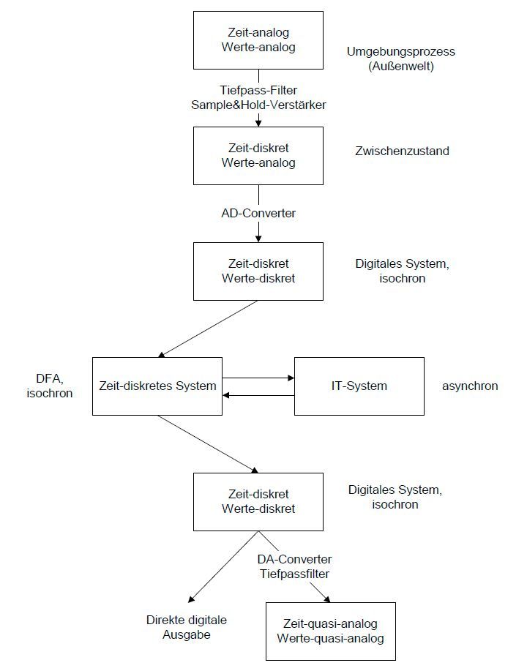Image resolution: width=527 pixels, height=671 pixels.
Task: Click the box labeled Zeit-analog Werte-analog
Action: pos(258,40)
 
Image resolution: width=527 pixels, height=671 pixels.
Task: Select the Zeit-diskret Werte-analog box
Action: pos(258,156)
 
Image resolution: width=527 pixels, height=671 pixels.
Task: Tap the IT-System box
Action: pos(359,386)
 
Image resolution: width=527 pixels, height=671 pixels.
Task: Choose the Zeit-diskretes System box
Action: pos(157,386)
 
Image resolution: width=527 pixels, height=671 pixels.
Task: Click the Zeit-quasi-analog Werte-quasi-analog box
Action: pos(330,631)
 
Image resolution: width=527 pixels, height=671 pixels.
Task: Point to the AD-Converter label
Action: pos(258,214)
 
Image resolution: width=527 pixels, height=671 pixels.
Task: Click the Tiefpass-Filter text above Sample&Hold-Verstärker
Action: pos(258,90)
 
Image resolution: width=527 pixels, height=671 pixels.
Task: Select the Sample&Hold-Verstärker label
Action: pos(258,104)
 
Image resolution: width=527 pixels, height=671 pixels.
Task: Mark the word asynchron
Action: pos(470,386)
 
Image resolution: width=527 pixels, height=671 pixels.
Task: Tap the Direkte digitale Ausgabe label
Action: pos(187,627)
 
